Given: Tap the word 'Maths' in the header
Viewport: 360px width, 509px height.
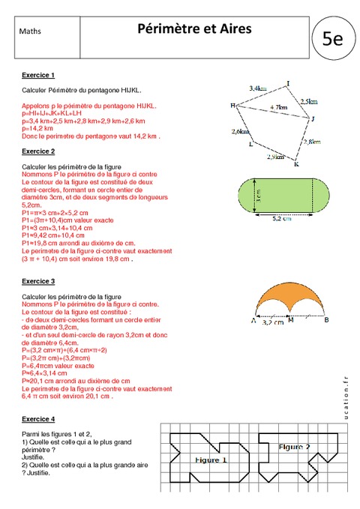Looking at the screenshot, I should click(x=31, y=31).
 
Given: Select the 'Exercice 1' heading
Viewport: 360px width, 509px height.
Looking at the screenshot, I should click(x=38, y=76).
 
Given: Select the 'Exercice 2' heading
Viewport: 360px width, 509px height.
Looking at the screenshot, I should click(x=38, y=151).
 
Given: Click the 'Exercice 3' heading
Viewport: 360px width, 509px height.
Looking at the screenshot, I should click(x=38, y=281).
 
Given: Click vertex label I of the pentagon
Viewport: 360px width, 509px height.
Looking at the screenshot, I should click(x=288, y=83).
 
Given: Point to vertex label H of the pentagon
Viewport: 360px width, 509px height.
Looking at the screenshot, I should click(x=232, y=106).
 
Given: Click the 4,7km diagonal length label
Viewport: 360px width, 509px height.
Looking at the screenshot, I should click(x=277, y=108).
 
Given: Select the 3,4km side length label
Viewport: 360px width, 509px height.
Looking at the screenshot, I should click(x=257, y=89).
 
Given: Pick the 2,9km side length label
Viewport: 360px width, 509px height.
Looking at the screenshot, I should click(x=275, y=157).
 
